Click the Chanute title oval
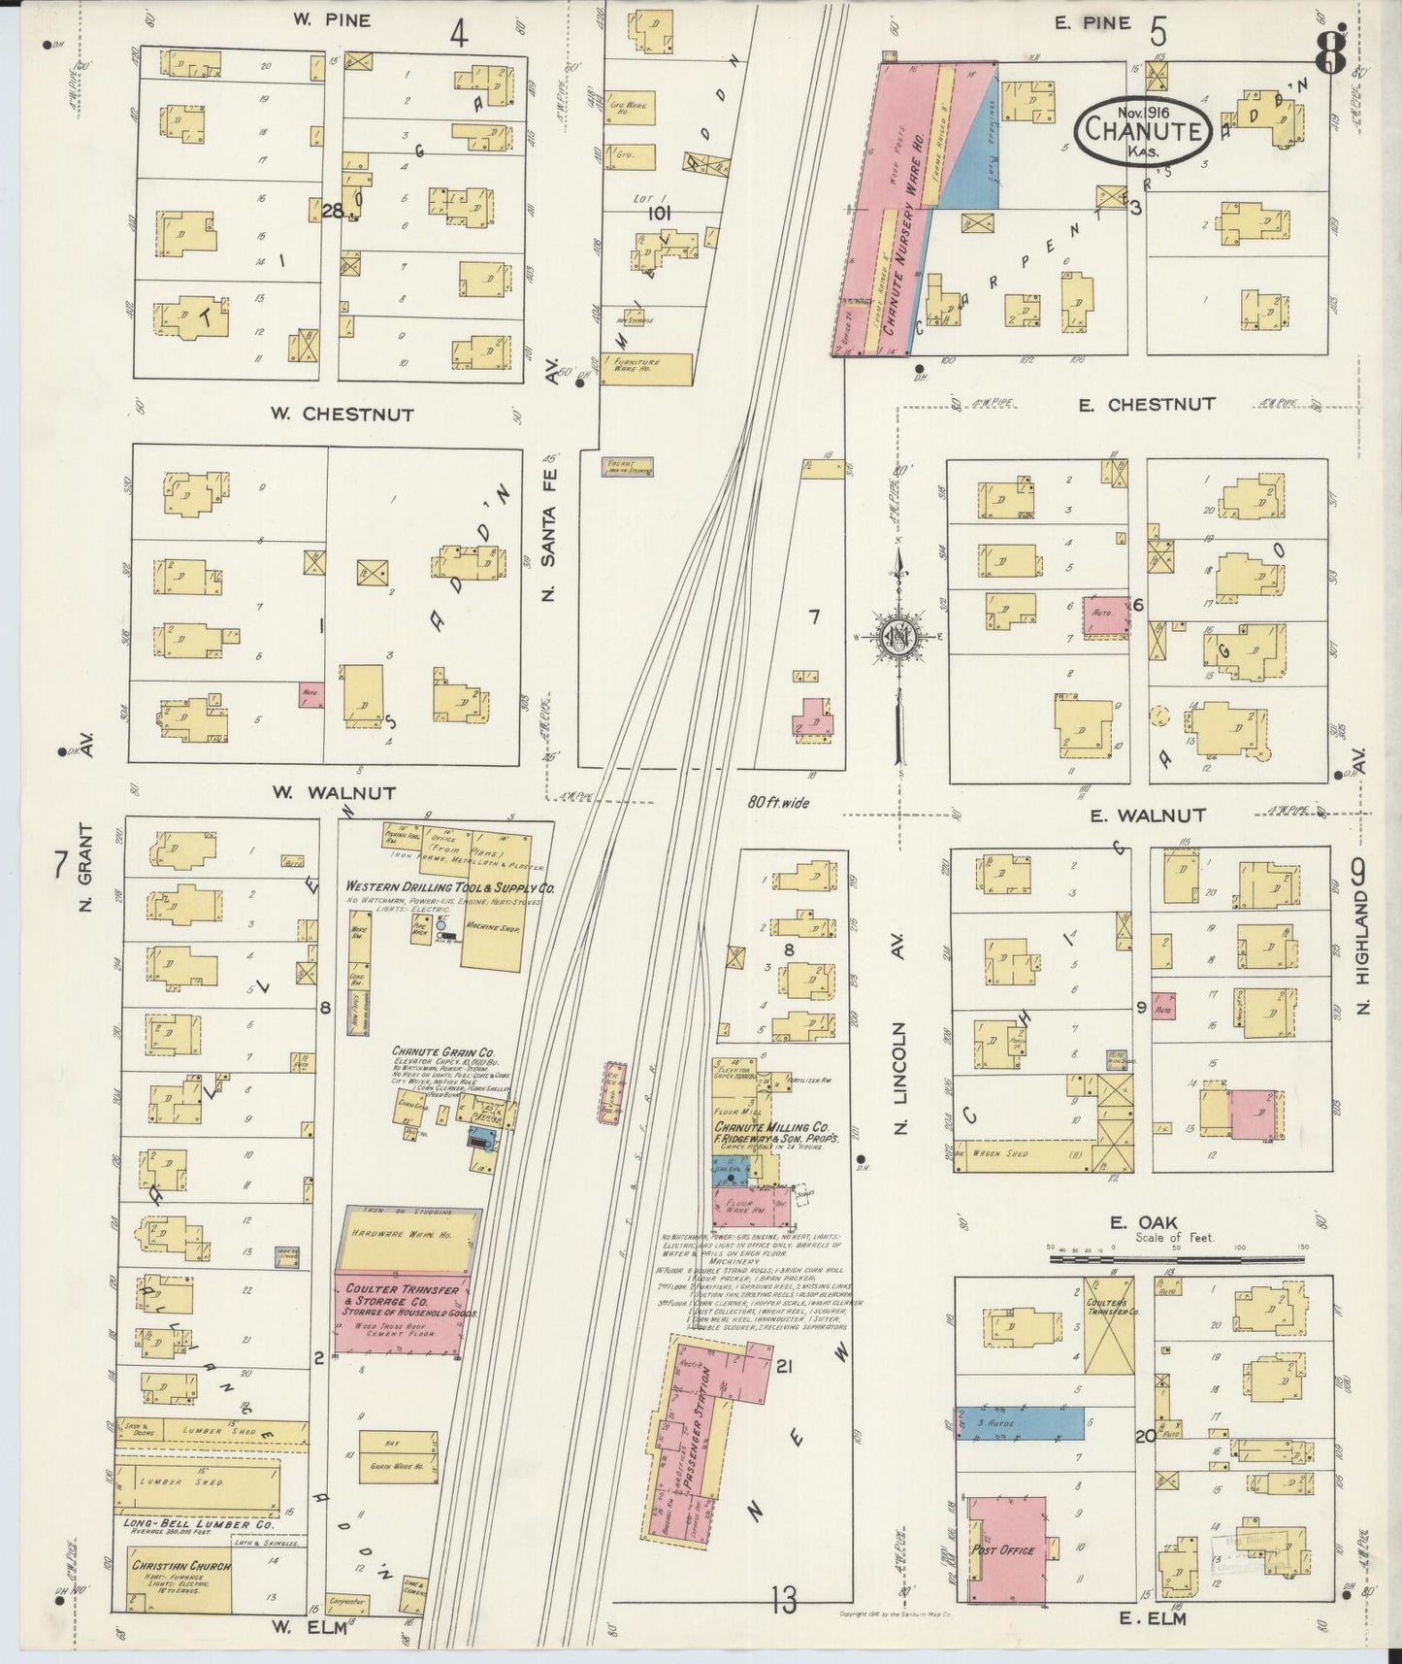coord(1143,127)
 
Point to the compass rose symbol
coord(900,637)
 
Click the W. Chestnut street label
coord(342,415)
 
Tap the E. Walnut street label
coord(1147,815)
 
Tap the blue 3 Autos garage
coord(1019,1422)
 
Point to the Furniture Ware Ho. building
coord(646,368)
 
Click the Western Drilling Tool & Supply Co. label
coord(450,887)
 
